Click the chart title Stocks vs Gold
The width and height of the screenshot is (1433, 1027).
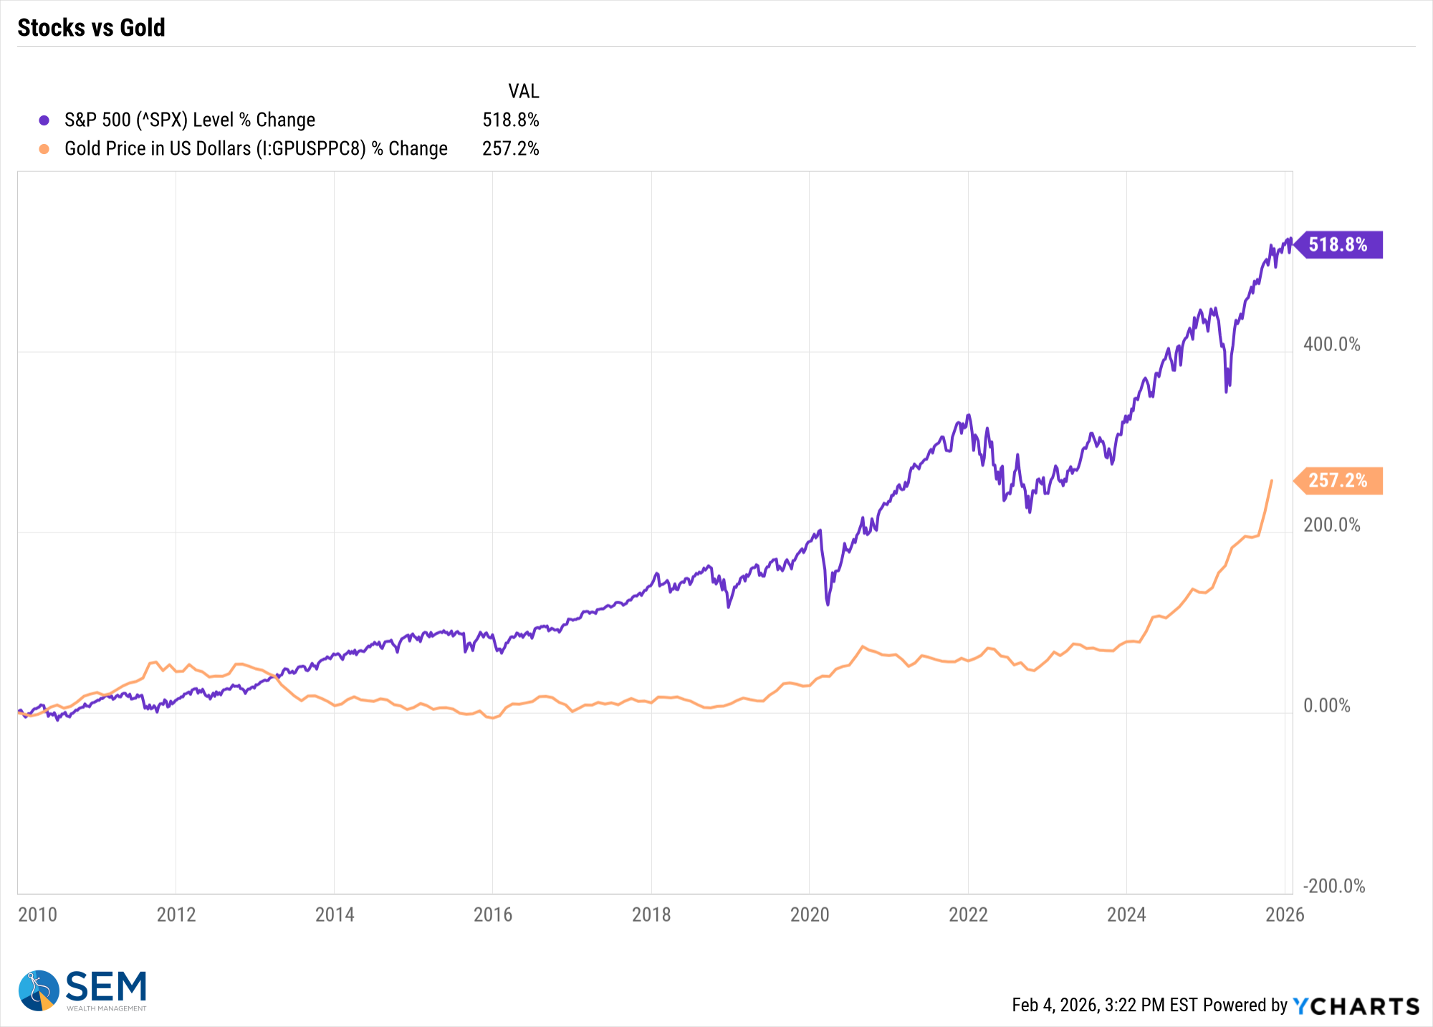click(x=91, y=27)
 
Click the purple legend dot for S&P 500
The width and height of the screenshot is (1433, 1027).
click(x=44, y=120)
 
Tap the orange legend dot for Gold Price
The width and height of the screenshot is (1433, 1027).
click(x=44, y=149)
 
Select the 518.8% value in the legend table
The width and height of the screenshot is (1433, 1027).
click(x=510, y=120)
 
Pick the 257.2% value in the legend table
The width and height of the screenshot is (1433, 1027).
click(x=510, y=148)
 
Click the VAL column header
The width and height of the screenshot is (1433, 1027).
click(x=523, y=91)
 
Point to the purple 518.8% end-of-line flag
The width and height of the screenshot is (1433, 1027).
click(x=1337, y=244)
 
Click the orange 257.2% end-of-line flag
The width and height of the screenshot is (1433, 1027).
click(x=1337, y=480)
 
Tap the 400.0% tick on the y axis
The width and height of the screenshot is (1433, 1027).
click(x=1331, y=344)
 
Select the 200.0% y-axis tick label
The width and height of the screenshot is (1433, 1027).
click(x=1331, y=525)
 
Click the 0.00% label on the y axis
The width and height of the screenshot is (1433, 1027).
click(x=1326, y=706)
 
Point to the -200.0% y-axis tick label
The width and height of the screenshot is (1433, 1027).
click(x=1333, y=887)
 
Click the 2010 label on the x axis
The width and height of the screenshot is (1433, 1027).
click(x=37, y=914)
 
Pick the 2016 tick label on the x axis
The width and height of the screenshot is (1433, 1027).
click(x=493, y=914)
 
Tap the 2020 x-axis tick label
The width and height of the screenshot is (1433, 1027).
click(x=810, y=914)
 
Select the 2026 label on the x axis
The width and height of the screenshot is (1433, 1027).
click(x=1285, y=914)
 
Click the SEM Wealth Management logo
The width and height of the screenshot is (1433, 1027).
click(x=82, y=990)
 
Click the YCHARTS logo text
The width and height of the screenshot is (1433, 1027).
click(x=1356, y=1006)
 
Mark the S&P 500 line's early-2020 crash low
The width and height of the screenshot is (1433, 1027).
click(x=828, y=604)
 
